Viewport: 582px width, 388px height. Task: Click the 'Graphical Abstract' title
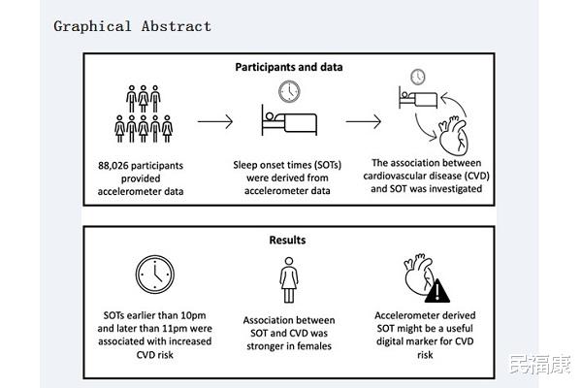(133, 26)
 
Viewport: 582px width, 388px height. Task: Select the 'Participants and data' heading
(289, 67)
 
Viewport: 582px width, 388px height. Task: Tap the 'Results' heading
(288, 240)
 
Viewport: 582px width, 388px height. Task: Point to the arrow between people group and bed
(215, 121)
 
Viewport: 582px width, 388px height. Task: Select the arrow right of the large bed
(364, 121)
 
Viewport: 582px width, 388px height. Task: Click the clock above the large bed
(289, 91)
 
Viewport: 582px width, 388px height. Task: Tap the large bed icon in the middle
(289, 120)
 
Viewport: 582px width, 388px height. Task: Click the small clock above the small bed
(418, 78)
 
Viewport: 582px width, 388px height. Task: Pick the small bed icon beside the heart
(418, 97)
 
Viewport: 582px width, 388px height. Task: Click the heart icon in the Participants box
(453, 135)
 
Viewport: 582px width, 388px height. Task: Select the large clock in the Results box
(155, 275)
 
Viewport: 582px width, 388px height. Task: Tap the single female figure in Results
(289, 280)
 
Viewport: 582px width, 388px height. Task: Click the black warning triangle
(437, 291)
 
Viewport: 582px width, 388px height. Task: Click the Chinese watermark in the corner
(540, 365)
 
